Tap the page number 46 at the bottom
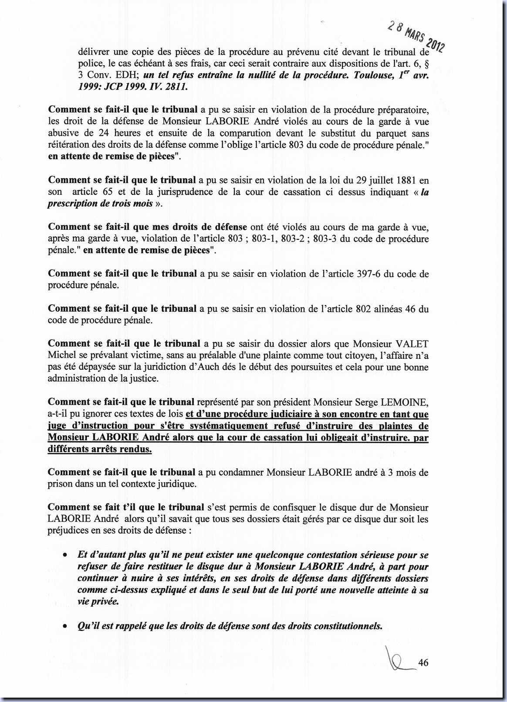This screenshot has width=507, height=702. click(423, 663)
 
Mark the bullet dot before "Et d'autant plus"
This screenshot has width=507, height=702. click(64, 556)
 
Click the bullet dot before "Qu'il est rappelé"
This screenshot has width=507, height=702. click(64, 627)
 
